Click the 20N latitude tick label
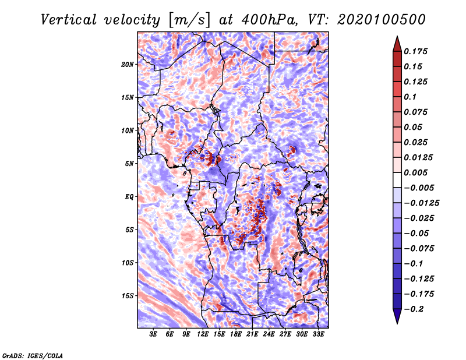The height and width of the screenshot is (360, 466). tap(128, 65)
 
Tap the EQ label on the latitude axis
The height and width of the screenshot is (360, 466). tap(129, 197)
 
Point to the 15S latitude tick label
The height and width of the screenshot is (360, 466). tap(128, 296)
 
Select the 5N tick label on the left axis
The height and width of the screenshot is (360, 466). tap(129, 164)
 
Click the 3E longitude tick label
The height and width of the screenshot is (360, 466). tap(153, 334)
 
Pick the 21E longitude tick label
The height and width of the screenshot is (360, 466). tap(252, 334)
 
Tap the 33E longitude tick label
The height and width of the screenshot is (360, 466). tap(318, 334)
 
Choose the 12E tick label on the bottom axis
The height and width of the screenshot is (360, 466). tap(203, 334)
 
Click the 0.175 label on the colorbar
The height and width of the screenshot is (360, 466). tap(415, 51)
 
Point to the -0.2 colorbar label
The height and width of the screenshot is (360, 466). tap(413, 309)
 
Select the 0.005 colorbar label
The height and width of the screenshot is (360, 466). tap(415, 172)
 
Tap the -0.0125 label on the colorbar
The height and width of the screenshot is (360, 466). tap(421, 203)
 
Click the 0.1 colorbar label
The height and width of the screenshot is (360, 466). tap(410, 97)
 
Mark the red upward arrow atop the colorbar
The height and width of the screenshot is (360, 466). tap(397, 44)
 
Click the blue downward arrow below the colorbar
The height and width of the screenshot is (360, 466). tap(397, 316)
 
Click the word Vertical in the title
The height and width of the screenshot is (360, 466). tap(69, 20)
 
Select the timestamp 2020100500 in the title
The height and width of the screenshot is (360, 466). tap(382, 20)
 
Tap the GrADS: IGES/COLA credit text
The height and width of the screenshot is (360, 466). tap(33, 355)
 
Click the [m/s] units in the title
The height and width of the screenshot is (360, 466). tap(189, 20)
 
